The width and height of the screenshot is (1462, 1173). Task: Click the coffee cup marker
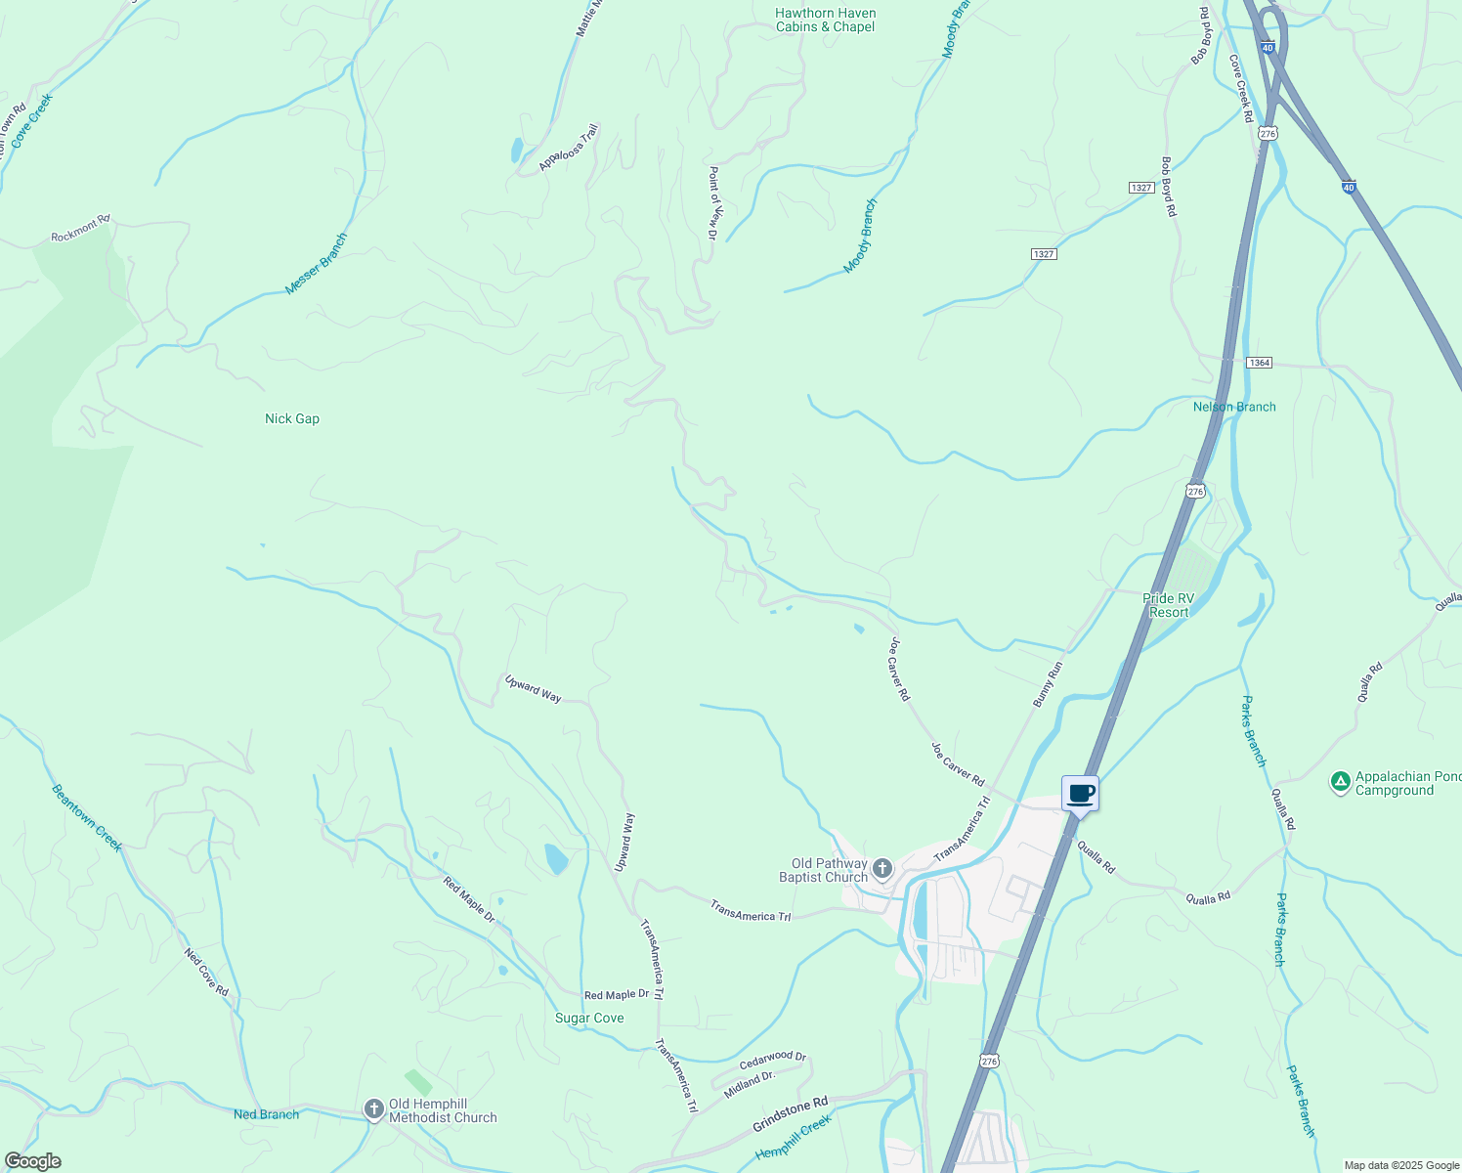1080,794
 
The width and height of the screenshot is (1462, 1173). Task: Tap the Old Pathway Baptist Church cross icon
881,868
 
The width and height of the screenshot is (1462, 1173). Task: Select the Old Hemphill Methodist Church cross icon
373,1108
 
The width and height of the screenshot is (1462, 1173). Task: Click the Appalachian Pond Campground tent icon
1341,781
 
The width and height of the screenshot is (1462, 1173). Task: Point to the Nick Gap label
292,418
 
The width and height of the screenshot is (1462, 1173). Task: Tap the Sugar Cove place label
589,1018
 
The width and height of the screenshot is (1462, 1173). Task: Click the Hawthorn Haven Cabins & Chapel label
826,21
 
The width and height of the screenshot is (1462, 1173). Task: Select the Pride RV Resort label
1170,605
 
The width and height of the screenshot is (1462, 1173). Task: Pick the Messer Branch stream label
316,264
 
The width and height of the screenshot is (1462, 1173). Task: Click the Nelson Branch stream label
1234,407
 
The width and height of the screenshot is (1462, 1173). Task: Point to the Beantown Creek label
87,818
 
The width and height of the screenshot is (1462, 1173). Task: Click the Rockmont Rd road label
81,229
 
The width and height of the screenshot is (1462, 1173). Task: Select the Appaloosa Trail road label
569,148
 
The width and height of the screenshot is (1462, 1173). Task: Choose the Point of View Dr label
713,202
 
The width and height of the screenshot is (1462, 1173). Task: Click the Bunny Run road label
1048,684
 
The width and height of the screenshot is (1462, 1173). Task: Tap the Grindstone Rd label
790,1114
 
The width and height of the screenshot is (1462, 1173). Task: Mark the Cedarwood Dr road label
773,1060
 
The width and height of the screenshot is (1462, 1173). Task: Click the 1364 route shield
1259,363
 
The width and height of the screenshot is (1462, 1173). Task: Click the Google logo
32,1161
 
